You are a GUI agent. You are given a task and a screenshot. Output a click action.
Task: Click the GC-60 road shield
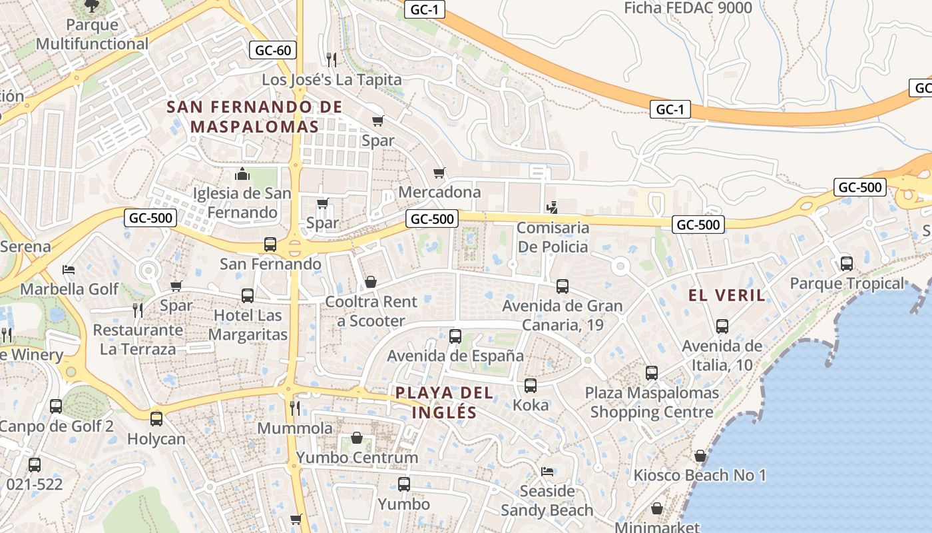pyautogui.click(x=273, y=50)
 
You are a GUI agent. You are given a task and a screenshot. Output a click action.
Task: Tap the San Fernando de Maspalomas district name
pyautogui.click(x=254, y=117)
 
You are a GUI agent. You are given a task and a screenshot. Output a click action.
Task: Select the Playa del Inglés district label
pyautogui.click(x=445, y=402)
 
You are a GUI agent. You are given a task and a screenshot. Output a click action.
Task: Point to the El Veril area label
pyautogui.click(x=727, y=295)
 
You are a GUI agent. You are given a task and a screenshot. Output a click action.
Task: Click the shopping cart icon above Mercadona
pyautogui.click(x=439, y=173)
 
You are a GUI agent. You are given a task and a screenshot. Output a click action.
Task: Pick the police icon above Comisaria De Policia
pyautogui.click(x=551, y=207)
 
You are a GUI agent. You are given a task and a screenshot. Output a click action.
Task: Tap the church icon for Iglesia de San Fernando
pyautogui.click(x=242, y=175)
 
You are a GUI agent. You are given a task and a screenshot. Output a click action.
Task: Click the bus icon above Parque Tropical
pyautogui.click(x=846, y=264)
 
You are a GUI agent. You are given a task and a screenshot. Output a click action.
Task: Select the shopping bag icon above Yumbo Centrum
pyautogui.click(x=357, y=438)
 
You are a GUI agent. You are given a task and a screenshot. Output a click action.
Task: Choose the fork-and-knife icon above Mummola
pyautogui.click(x=295, y=408)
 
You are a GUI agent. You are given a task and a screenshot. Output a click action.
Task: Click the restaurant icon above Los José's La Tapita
pyautogui.click(x=332, y=60)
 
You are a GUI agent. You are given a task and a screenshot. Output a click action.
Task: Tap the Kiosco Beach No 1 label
pyautogui.click(x=700, y=475)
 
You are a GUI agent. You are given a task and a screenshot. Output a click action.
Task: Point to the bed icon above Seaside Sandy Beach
pyautogui.click(x=547, y=472)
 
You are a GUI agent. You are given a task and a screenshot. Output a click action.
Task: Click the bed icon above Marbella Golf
pyautogui.click(x=69, y=270)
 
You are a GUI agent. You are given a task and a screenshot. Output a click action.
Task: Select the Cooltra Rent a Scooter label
pyautogui.click(x=371, y=311)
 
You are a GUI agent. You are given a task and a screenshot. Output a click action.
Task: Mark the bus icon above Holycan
pyautogui.click(x=156, y=419)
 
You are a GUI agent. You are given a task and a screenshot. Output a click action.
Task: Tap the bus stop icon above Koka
pyautogui.click(x=531, y=386)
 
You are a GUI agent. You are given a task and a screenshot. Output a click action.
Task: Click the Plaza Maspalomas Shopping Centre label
pyautogui.click(x=652, y=402)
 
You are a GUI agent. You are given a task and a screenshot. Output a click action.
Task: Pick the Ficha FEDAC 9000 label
pyautogui.click(x=688, y=8)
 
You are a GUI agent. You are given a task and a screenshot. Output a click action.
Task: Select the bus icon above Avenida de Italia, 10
pyautogui.click(x=722, y=326)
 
